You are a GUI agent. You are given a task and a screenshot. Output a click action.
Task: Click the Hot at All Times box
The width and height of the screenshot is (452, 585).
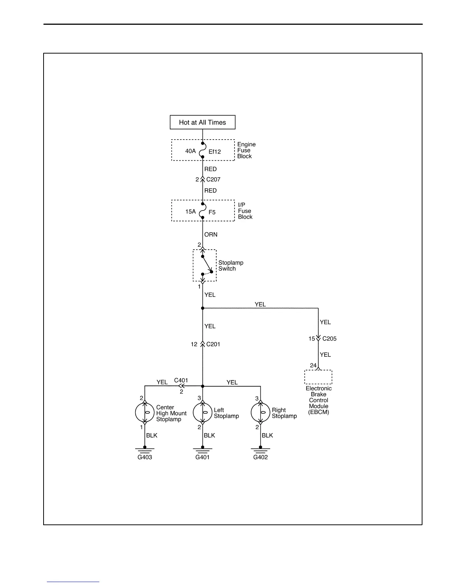coord(202,122)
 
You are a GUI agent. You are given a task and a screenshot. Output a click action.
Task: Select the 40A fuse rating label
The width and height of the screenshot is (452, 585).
coord(190,151)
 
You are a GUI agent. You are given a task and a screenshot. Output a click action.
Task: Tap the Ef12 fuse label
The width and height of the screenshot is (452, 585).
coord(215,151)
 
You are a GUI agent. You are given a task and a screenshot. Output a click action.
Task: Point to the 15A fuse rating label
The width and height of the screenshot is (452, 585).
coord(190,212)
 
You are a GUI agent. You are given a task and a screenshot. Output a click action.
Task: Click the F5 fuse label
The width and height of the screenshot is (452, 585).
coord(212,212)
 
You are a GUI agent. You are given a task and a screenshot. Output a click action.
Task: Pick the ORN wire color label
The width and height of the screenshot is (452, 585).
coord(211,235)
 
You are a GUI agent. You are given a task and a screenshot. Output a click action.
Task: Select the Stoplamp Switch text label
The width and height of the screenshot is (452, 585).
coord(230,266)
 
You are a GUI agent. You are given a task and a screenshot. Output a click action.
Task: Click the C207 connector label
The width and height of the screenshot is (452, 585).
coord(213,179)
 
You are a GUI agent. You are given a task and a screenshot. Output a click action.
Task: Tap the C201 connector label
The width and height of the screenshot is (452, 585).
coord(213,344)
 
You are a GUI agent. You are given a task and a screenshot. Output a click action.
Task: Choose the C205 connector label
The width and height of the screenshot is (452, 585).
coord(329,339)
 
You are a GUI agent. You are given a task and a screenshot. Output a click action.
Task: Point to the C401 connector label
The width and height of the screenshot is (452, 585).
coord(181,380)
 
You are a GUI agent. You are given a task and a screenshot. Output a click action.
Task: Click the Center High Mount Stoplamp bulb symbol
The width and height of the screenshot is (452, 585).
coord(145,413)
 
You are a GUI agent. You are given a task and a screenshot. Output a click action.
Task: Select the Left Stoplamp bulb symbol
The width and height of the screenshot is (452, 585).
coord(202,413)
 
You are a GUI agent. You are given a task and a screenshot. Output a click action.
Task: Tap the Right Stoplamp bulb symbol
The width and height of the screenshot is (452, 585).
coord(260,413)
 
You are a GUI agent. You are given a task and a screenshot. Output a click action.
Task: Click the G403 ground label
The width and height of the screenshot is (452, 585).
coord(145,457)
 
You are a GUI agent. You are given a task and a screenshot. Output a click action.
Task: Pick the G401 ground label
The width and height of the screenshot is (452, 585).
coord(202,457)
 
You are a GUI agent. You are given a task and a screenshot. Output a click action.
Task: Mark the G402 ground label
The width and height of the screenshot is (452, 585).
coord(260,457)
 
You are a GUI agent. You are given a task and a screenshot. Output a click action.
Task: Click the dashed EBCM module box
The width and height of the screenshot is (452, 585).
coord(318,377)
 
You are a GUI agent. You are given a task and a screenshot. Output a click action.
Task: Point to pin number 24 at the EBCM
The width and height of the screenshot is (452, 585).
coord(313,365)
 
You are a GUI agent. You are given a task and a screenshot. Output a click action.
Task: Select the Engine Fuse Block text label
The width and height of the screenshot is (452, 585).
coord(246,150)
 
